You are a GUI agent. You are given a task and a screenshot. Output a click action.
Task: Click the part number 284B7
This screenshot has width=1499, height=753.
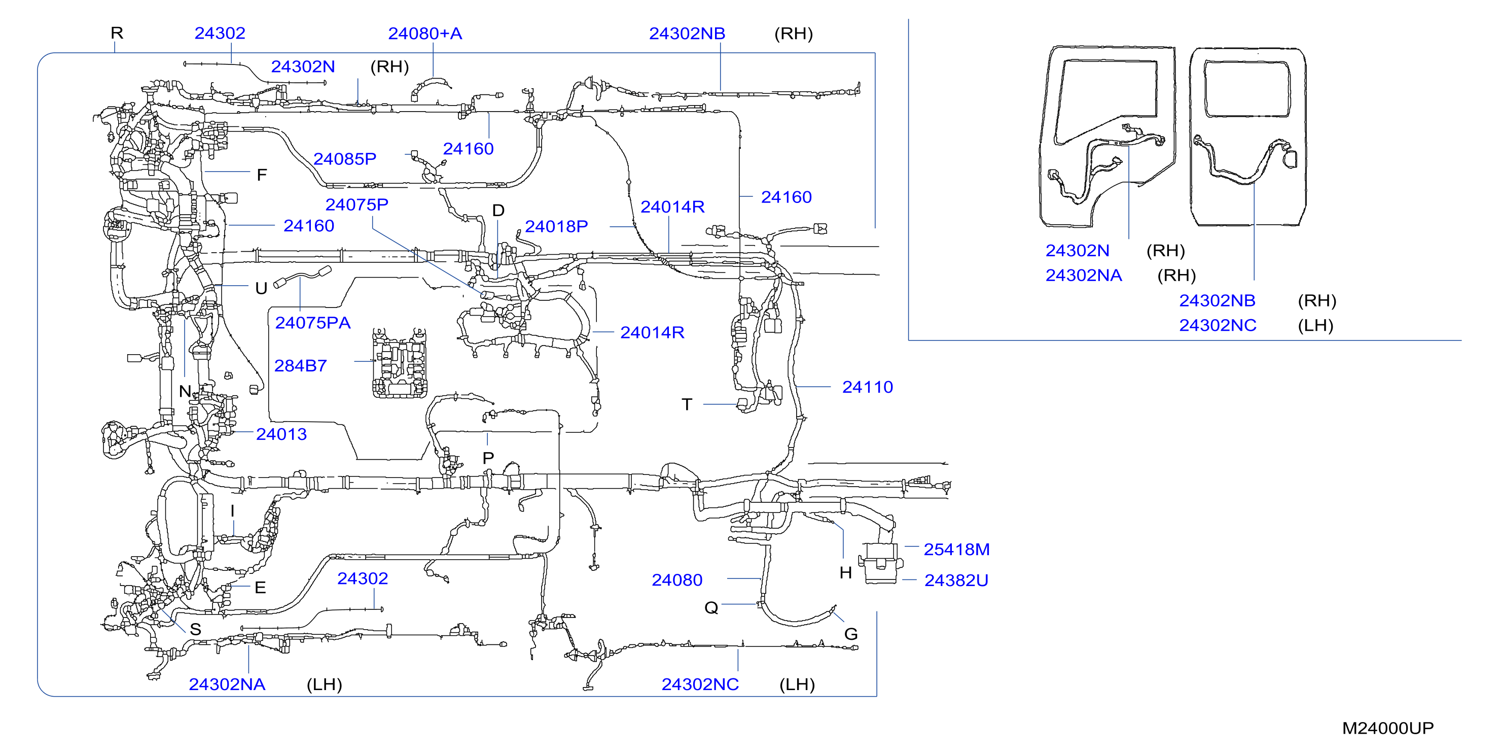tap(300, 366)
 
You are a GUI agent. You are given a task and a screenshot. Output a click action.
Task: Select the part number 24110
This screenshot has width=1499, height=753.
tap(867, 387)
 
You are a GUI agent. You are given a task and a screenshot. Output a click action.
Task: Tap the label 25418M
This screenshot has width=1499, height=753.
tap(957, 549)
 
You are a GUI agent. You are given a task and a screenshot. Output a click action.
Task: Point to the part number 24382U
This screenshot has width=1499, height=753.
tap(956, 580)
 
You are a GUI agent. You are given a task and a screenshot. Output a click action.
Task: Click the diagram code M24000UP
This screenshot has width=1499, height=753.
tap(1388, 728)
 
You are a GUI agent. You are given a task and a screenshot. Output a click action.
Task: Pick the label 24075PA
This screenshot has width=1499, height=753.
tap(312, 323)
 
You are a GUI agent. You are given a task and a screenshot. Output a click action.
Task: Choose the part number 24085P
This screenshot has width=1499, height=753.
tap(344, 158)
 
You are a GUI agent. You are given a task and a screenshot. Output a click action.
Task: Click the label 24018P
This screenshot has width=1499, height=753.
tap(556, 226)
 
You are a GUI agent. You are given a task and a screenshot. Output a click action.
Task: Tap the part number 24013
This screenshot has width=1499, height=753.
tap(281, 434)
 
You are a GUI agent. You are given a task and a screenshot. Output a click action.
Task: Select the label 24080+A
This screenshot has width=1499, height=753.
tap(425, 33)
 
